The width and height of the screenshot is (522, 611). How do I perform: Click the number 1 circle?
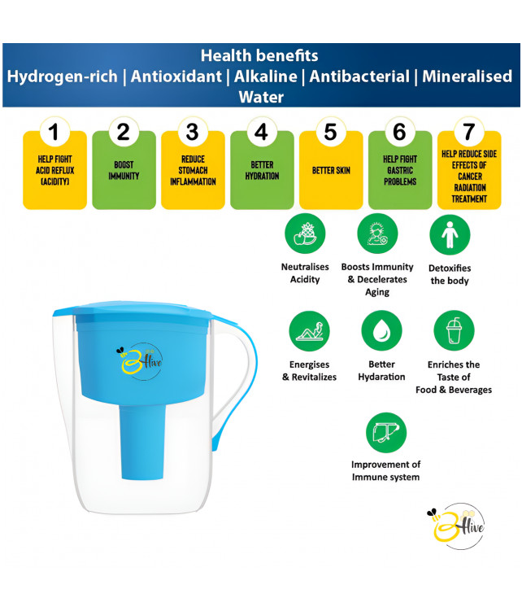54,132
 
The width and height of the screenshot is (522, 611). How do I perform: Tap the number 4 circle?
261,132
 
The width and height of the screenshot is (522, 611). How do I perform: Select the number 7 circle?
468,132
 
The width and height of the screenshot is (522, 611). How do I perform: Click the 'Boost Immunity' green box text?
124,170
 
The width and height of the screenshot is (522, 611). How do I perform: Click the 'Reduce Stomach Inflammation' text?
193,170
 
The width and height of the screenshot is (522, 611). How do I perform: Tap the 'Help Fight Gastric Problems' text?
399,170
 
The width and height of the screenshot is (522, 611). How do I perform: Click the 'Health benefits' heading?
259,55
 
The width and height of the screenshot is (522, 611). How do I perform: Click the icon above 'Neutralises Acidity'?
304,234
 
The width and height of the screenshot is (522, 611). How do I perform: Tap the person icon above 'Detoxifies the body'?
450,234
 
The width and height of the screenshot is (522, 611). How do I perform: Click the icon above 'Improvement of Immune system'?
385,432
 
